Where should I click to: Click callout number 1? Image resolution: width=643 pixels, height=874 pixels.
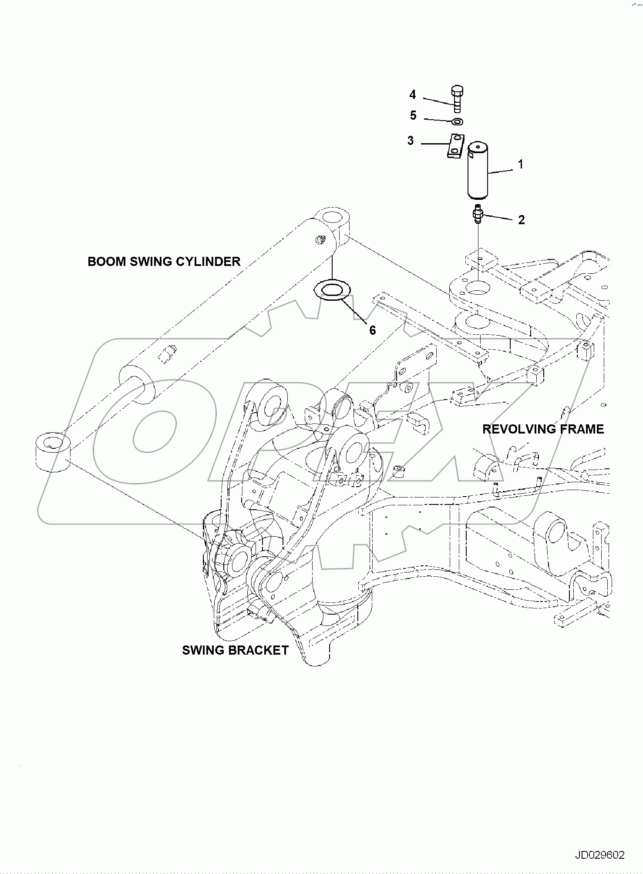(x=520, y=164)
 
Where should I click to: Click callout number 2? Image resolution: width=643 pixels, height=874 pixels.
(x=521, y=220)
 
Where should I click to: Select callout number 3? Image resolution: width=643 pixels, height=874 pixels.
(x=411, y=141)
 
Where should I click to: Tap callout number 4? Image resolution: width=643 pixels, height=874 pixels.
(x=412, y=94)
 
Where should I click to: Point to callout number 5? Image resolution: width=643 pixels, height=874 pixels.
(x=413, y=115)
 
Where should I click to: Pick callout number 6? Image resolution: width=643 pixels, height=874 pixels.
(x=372, y=330)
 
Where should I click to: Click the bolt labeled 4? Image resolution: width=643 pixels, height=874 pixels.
(x=456, y=99)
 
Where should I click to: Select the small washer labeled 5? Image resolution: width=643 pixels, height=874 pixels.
(x=457, y=122)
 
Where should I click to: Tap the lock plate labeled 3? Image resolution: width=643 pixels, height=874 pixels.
(x=454, y=145)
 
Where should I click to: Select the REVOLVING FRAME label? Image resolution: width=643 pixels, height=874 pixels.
(x=543, y=429)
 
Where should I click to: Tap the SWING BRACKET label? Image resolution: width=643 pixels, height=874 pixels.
(x=235, y=650)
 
